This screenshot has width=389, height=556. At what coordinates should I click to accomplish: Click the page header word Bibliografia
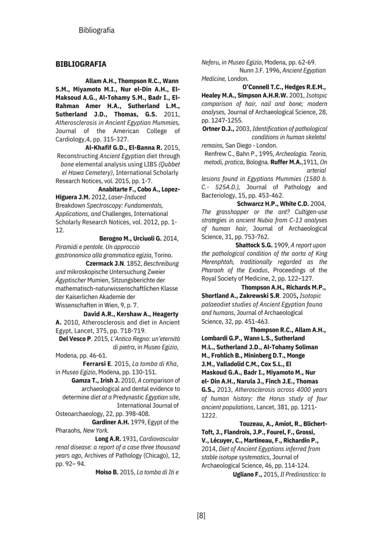pyautogui.click(x=96, y=30)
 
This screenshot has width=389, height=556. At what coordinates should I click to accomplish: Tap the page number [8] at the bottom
pyautogui.click(x=201, y=515)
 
